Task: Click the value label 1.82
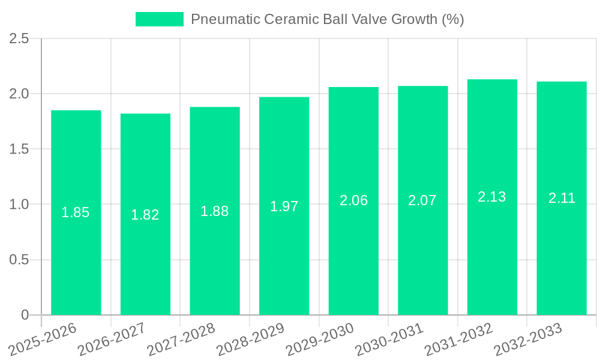click(x=145, y=215)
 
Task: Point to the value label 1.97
click(x=284, y=206)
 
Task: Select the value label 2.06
click(x=353, y=200)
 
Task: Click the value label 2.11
click(x=562, y=198)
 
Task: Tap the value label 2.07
click(x=422, y=200)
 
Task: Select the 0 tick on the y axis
click(x=25, y=315)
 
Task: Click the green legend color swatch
click(x=159, y=19)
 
